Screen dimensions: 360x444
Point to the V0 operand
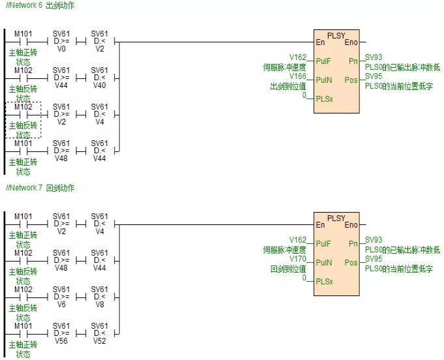pos(61,48)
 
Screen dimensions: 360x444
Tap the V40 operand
pos(99,85)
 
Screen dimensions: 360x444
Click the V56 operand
pos(61,340)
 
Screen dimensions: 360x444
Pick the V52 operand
pos(99,340)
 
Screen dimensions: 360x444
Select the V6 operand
pos(61,304)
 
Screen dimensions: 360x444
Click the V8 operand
pos(99,304)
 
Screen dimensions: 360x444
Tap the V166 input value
pos(297,76)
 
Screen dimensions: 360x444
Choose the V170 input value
pos(297,258)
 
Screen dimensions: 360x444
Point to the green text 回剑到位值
pos(288,268)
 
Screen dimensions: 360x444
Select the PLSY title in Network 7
pos(336,217)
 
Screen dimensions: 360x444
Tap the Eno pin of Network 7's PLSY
pos(351,225)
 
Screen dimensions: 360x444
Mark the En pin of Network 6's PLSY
pos(320,42)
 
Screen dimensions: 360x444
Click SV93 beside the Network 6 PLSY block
pos(374,57)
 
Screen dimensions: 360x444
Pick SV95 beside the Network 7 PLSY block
pos(374,258)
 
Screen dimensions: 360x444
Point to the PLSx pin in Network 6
pos(324,99)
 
